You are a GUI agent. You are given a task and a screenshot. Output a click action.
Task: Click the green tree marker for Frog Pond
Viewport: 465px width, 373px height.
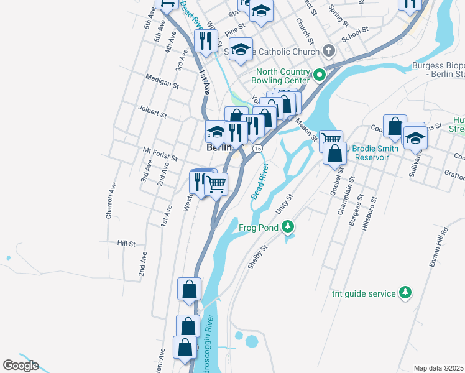pos(287,228)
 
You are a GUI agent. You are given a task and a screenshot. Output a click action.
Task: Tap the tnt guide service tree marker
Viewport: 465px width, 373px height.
pos(405,292)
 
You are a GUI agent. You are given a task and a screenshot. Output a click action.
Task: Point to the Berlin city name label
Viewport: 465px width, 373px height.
pos(218,148)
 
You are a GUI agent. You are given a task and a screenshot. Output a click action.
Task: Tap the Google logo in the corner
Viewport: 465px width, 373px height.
pos(21,366)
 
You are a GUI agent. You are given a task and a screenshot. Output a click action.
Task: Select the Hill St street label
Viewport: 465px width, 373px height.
pos(126,244)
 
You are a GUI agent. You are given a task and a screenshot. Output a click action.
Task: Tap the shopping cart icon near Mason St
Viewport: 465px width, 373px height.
pos(331,139)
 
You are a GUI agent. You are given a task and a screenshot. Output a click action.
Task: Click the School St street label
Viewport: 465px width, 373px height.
pos(356,33)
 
